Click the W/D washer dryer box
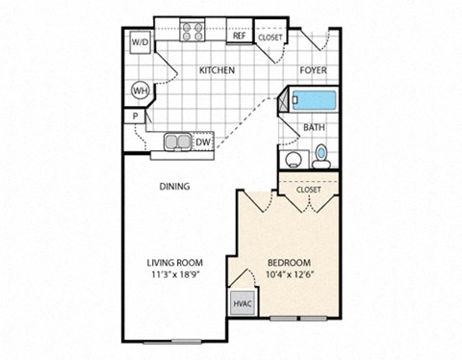click(139, 43)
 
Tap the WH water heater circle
click(140, 90)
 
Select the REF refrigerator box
click(239, 37)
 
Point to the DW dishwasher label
click(203, 143)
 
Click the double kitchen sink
click(178, 143)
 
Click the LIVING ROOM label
click(173, 263)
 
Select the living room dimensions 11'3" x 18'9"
click(173, 275)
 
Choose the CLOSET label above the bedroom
click(308, 191)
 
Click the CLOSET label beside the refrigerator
click(269, 37)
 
